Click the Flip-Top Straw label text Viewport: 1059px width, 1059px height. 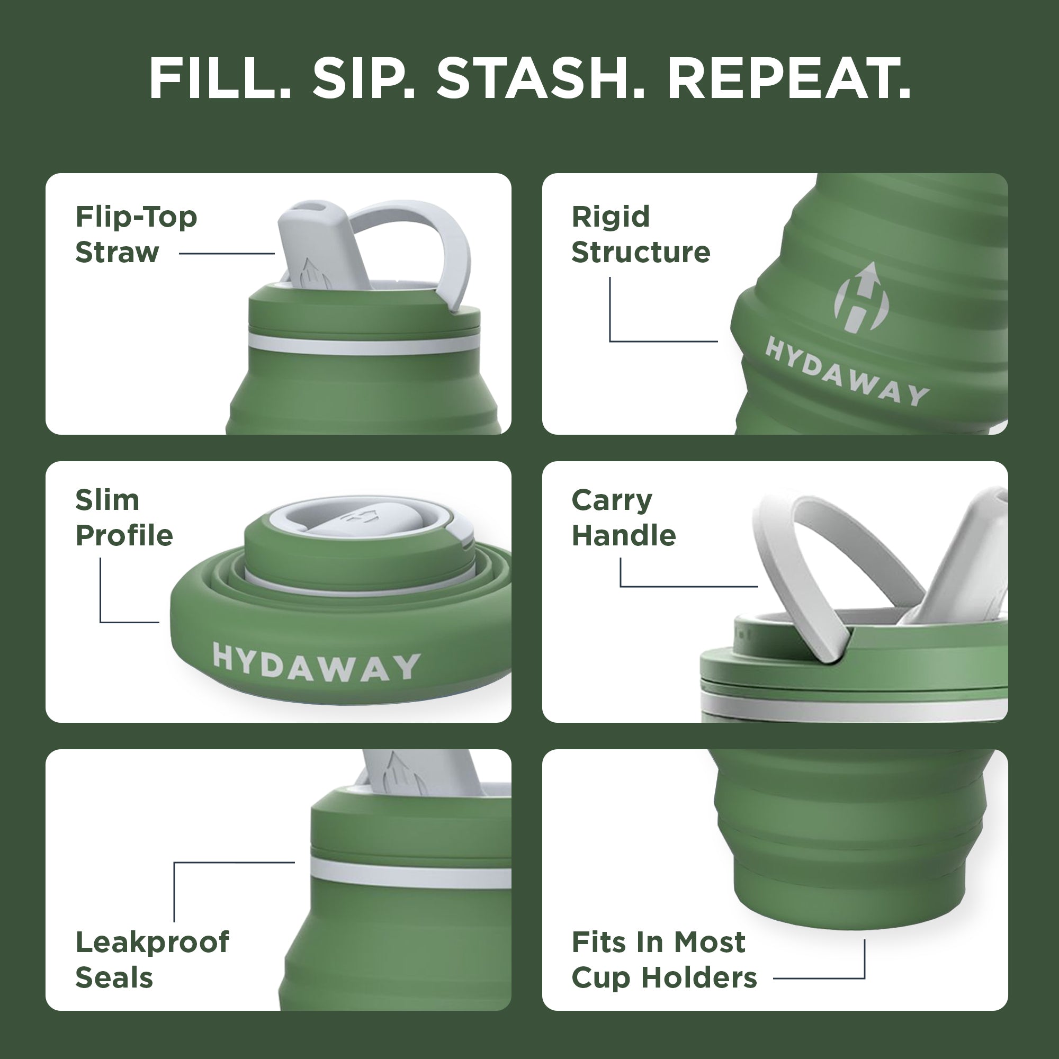pyautogui.click(x=136, y=235)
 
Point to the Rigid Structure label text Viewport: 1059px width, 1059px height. pyautogui.click(x=641, y=235)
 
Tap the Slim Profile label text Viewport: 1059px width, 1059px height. pyautogui.click(x=124, y=517)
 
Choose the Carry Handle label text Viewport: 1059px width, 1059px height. pyautogui.click(x=624, y=517)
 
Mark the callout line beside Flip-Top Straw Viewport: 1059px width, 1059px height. pyautogui.click(x=227, y=253)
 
